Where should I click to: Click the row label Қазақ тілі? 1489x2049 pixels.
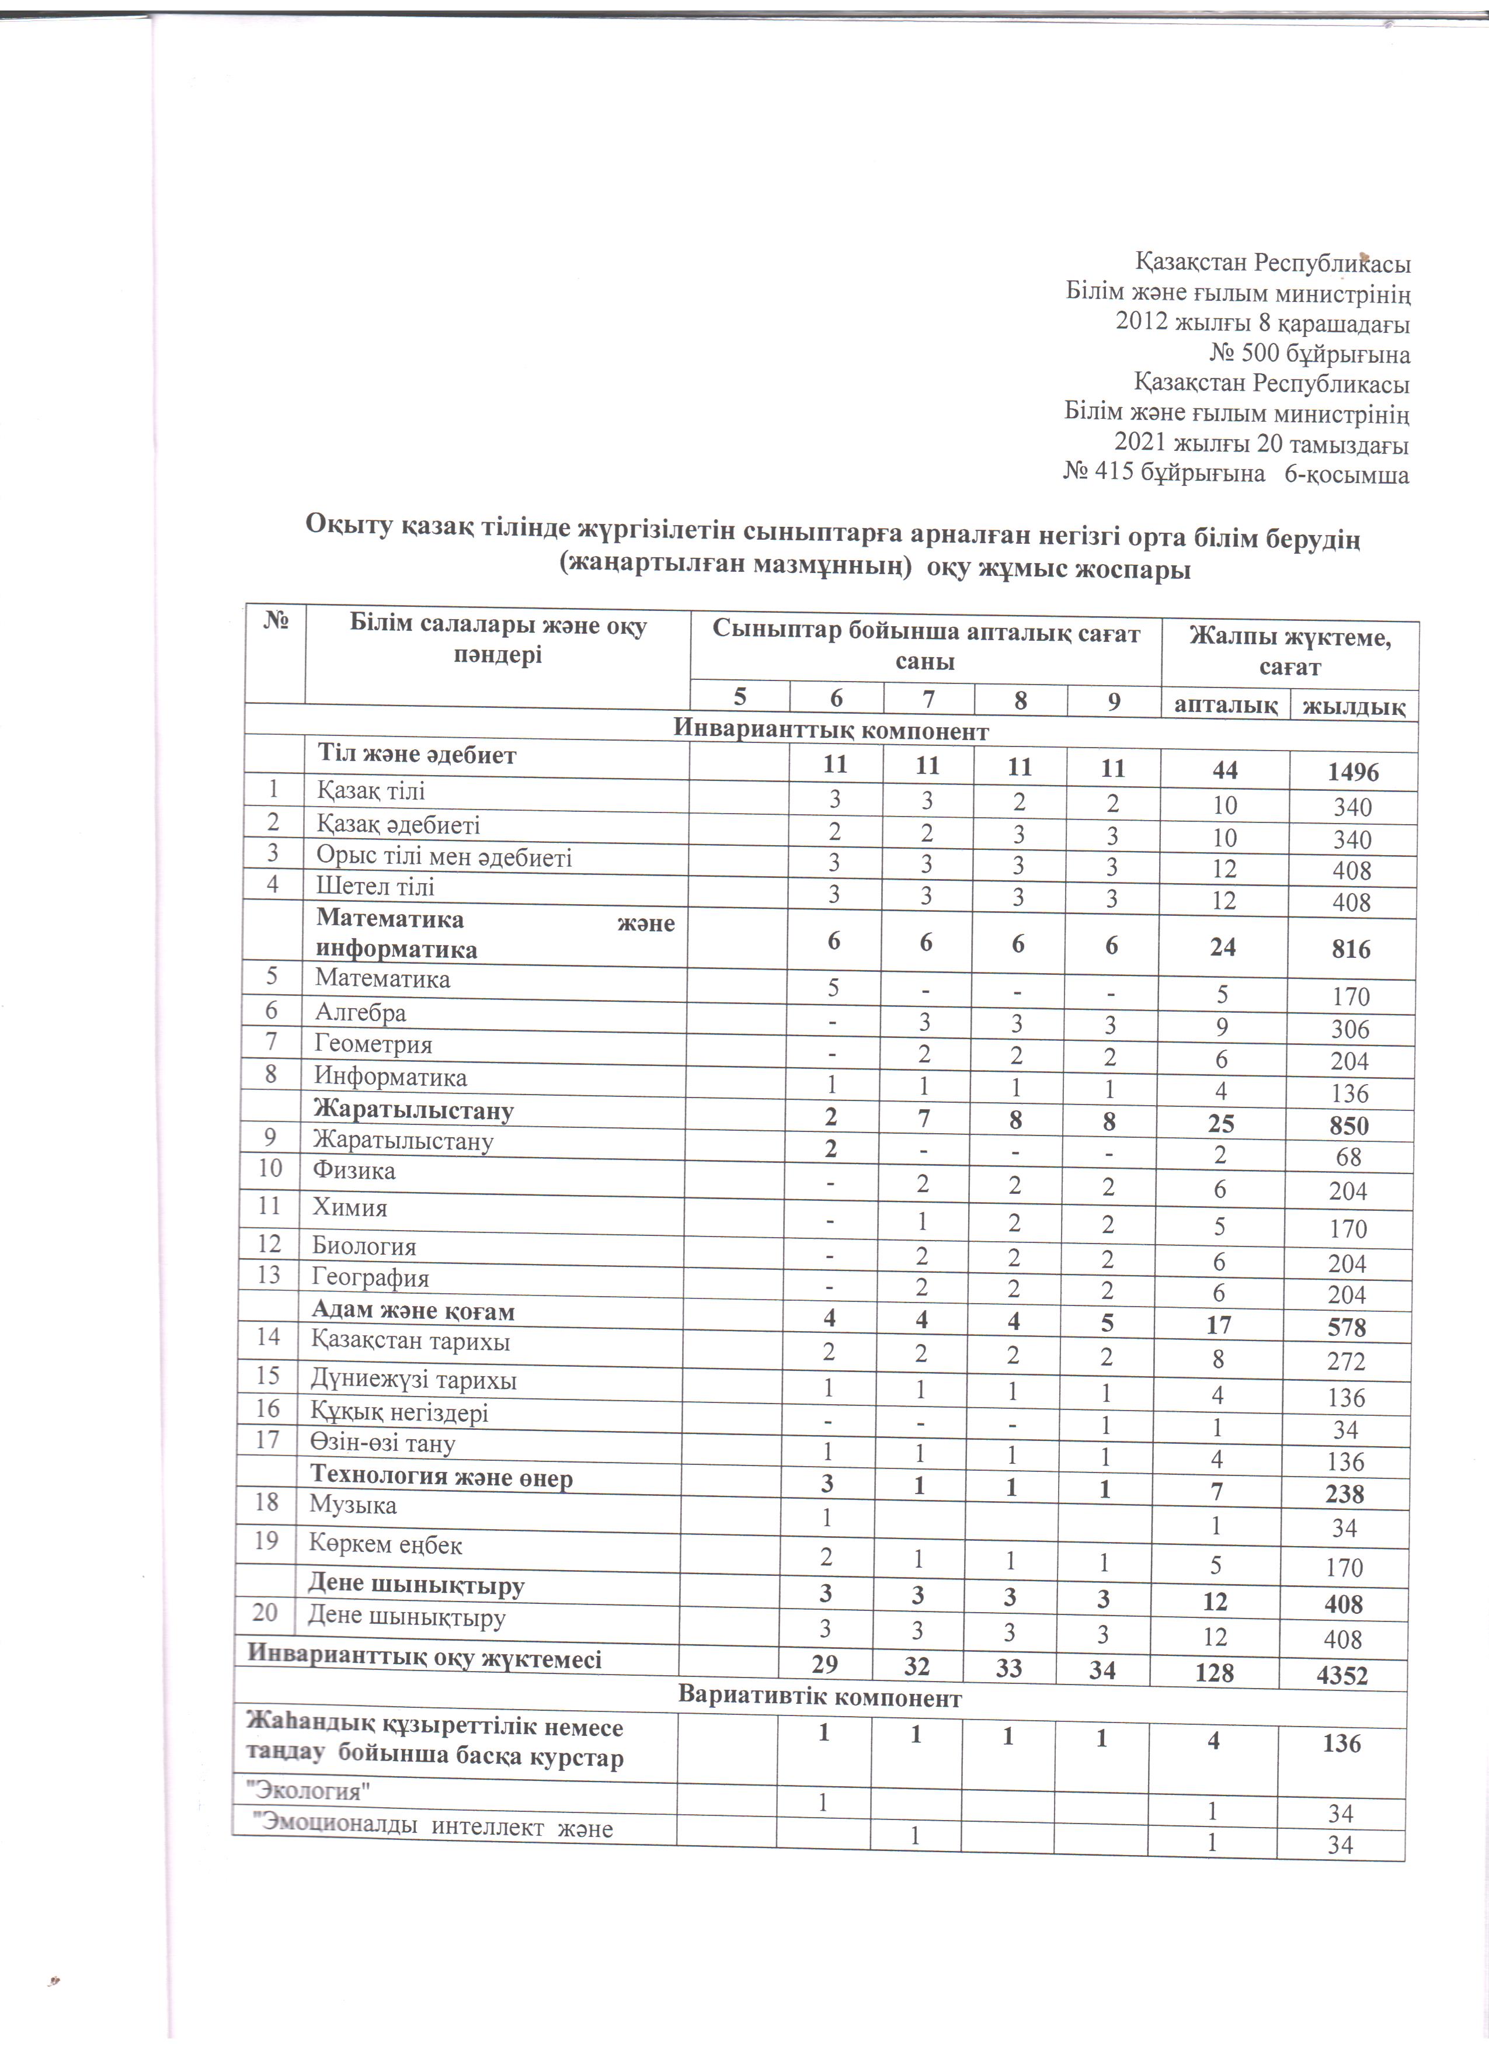coord(370,791)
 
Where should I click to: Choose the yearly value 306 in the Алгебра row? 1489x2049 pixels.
coord(1350,1029)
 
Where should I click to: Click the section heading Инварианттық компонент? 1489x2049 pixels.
coord(832,731)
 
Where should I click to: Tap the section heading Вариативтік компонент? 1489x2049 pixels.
coord(819,1697)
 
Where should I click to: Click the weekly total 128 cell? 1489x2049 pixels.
coord(1213,1673)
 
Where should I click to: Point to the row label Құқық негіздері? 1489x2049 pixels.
coord(399,1412)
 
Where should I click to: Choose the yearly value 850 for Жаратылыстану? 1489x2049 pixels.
coord(1349,1126)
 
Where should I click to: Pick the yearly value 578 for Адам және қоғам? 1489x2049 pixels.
coord(1347,1327)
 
